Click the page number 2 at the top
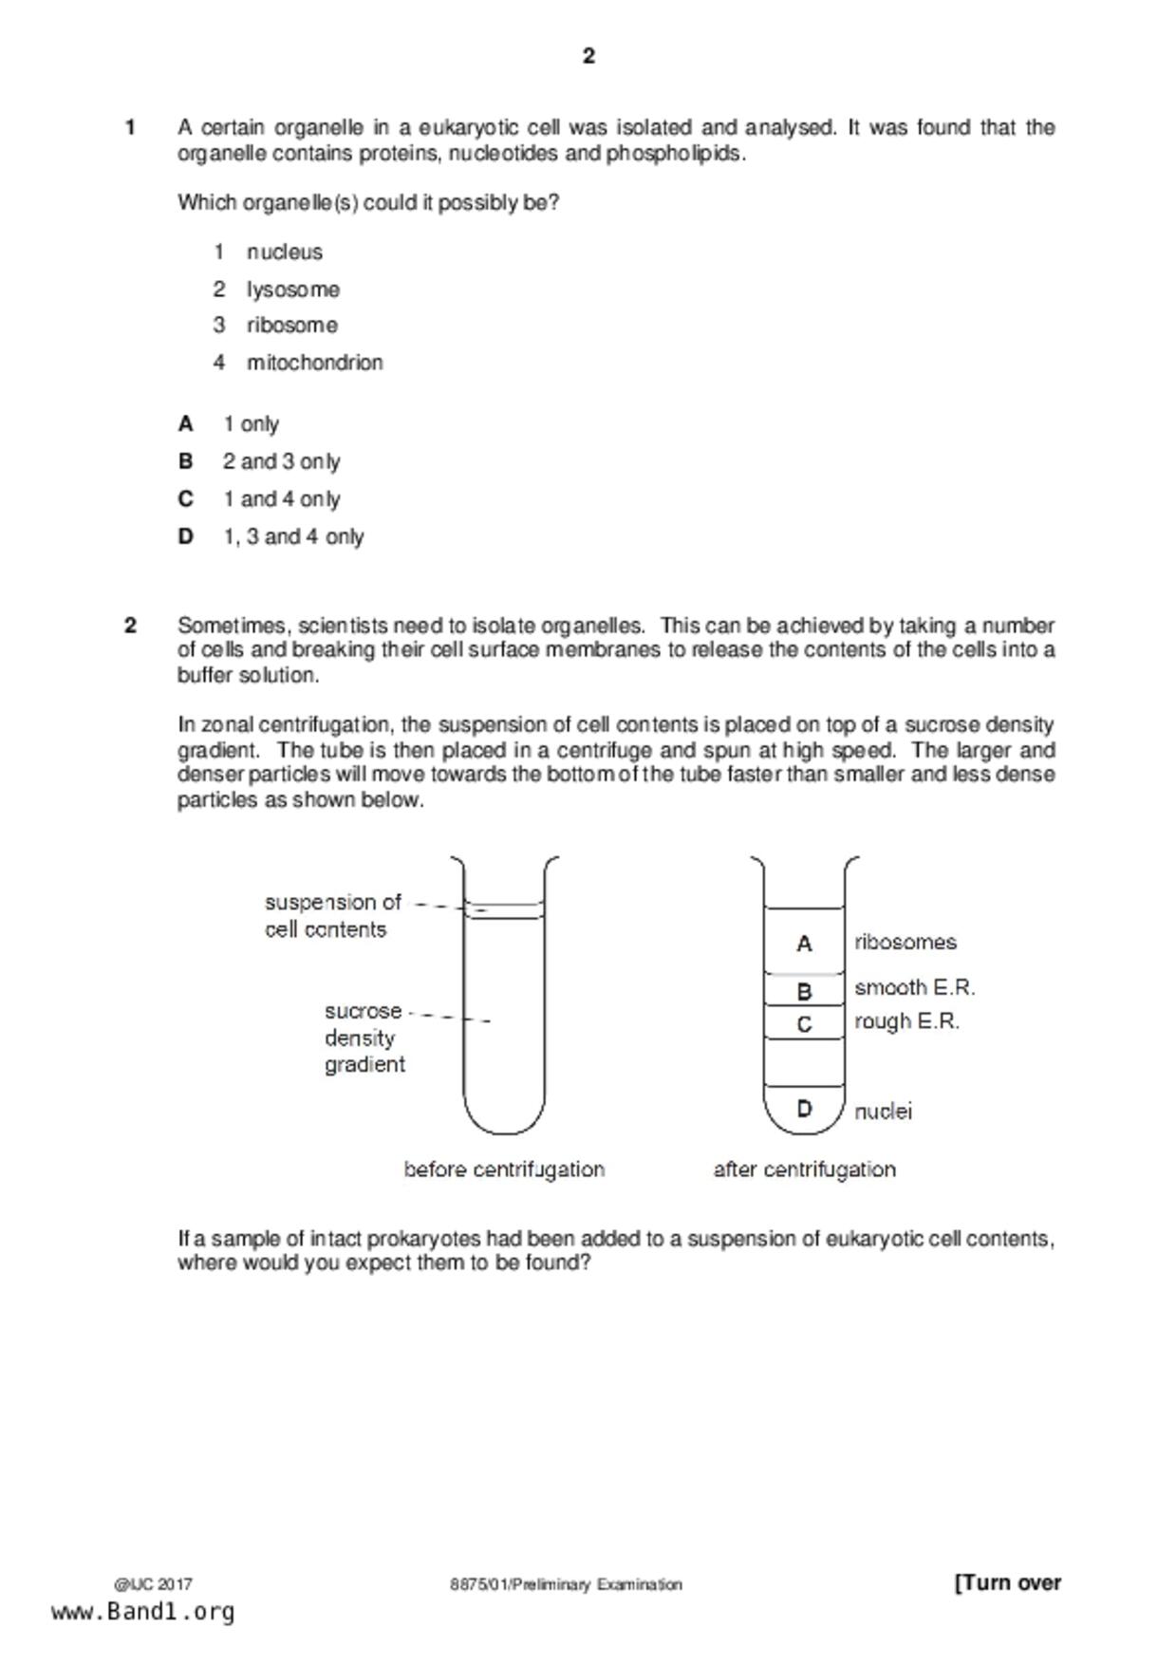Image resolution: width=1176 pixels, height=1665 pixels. [588, 57]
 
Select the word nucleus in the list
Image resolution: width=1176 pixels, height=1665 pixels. [284, 253]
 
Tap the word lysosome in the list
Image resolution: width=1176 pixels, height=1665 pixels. [292, 290]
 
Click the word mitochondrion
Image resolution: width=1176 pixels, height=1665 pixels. [314, 363]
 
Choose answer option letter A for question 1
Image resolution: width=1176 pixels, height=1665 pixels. [186, 424]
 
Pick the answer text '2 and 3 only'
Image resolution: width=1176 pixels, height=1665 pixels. [281, 462]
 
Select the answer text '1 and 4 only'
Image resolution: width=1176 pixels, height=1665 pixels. [281, 499]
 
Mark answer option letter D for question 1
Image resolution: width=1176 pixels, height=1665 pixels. [186, 537]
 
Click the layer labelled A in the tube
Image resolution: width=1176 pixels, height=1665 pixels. [804, 944]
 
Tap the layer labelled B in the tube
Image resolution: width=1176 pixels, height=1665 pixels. [804, 991]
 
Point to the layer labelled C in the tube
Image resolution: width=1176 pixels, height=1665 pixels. [804, 1024]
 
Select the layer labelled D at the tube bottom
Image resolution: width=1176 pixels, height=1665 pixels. [804, 1108]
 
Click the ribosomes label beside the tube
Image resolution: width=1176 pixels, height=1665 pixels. [905, 943]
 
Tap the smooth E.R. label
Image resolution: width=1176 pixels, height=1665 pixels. [914, 988]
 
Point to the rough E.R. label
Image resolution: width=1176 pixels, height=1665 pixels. [906, 1022]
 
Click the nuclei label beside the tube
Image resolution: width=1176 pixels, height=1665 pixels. [883, 1112]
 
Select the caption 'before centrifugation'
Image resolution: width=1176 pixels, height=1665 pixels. [504, 1169]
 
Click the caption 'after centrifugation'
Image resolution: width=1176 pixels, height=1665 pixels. [804, 1169]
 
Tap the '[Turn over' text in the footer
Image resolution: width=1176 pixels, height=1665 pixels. [1007, 1582]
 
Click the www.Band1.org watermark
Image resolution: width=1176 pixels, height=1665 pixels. [142, 1612]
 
